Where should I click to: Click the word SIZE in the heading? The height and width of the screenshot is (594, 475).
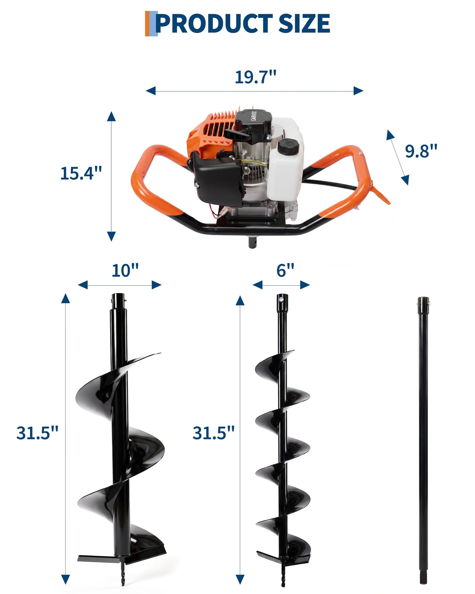(x=304, y=23)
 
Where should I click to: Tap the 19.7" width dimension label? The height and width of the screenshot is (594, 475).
(x=255, y=77)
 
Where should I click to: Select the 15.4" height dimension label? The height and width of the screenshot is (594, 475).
(x=81, y=173)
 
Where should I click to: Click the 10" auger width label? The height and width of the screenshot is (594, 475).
(x=125, y=271)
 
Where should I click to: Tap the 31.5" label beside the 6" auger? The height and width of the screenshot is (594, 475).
(x=214, y=433)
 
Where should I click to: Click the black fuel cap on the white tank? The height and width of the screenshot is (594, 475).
(x=288, y=146)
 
